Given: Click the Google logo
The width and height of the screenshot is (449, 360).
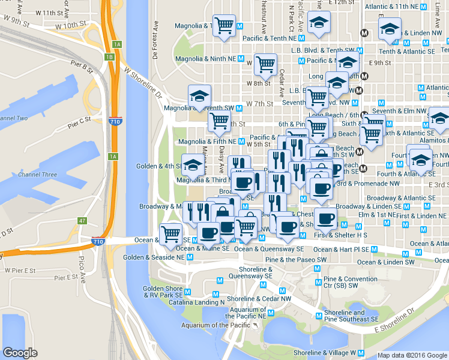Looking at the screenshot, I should tap(20, 353).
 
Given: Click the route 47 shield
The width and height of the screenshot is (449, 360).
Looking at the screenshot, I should tap(82, 221).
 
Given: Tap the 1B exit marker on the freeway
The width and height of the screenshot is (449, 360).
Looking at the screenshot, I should tap(109, 57).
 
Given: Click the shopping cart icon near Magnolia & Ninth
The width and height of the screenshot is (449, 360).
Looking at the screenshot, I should tap(265, 62).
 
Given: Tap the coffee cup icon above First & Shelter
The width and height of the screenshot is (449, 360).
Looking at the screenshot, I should tap(325, 218).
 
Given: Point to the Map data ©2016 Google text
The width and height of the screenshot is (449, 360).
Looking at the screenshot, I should tap(412, 355).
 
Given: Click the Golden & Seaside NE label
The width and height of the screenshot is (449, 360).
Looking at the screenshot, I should tap(154, 257).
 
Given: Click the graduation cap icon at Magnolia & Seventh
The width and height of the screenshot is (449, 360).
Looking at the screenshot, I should tap(199, 95).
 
